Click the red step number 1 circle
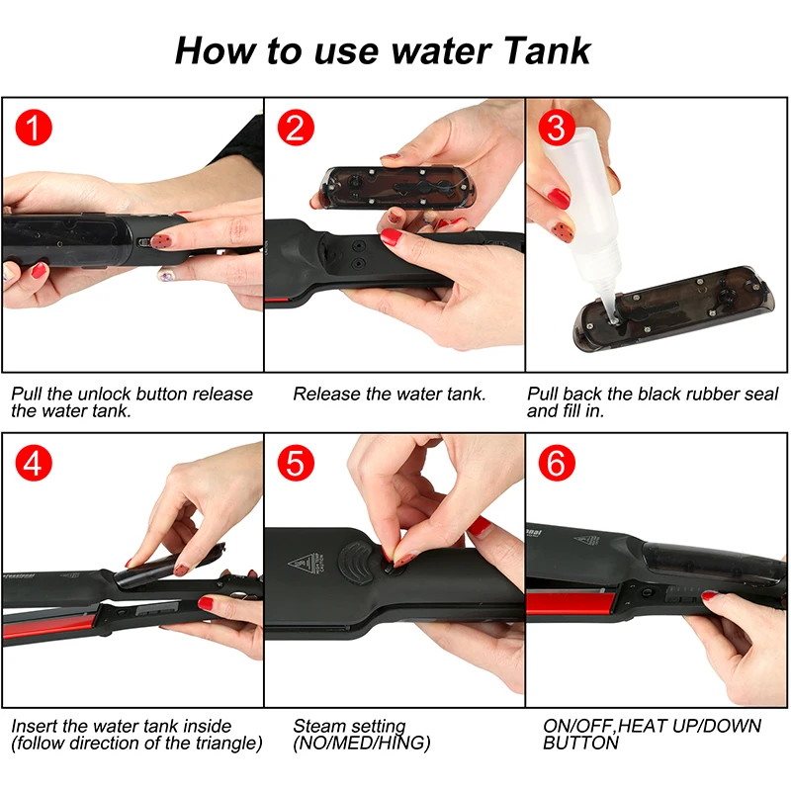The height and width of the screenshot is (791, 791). pos(34,128)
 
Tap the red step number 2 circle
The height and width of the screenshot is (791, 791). pos(296,128)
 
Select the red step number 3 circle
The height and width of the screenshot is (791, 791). pos(557,128)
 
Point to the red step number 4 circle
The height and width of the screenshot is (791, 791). pos(34,463)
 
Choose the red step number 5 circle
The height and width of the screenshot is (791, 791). pos(296,463)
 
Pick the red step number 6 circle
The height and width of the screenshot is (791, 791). pos(557,463)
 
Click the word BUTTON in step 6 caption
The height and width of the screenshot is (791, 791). pos(580,744)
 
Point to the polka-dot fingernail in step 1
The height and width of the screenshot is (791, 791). pos(163,239)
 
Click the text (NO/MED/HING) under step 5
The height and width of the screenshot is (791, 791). pos(362,744)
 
